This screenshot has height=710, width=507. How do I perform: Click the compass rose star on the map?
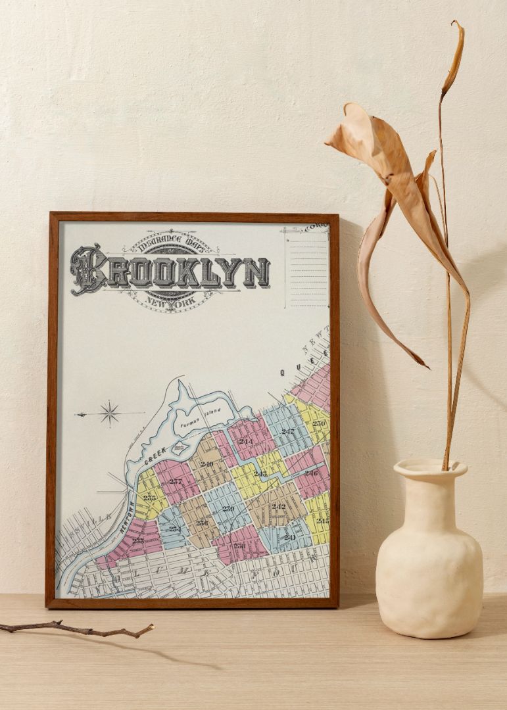point(109,413)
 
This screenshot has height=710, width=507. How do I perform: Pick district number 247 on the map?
point(288,432)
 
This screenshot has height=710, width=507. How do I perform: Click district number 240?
point(207,464)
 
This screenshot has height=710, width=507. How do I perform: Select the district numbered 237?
point(174,481)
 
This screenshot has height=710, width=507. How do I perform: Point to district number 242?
point(279,506)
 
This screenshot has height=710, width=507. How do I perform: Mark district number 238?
point(239,546)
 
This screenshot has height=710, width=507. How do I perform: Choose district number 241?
point(289,537)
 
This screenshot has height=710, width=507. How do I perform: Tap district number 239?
point(228,508)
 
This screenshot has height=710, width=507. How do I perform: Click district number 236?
point(201,523)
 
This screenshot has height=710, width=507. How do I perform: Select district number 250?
point(319,423)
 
